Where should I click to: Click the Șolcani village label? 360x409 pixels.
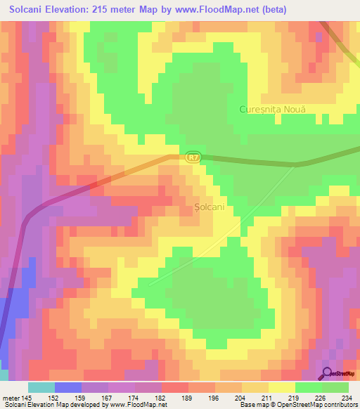209,207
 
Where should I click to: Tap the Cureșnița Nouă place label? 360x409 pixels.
274,110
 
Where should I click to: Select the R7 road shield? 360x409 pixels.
194,158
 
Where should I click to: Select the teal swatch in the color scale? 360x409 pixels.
41,387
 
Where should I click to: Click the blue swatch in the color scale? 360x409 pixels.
68,387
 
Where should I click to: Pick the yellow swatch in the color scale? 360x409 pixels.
282,387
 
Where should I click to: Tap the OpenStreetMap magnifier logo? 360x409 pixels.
328,374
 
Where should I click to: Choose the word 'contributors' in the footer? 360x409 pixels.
340,405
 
